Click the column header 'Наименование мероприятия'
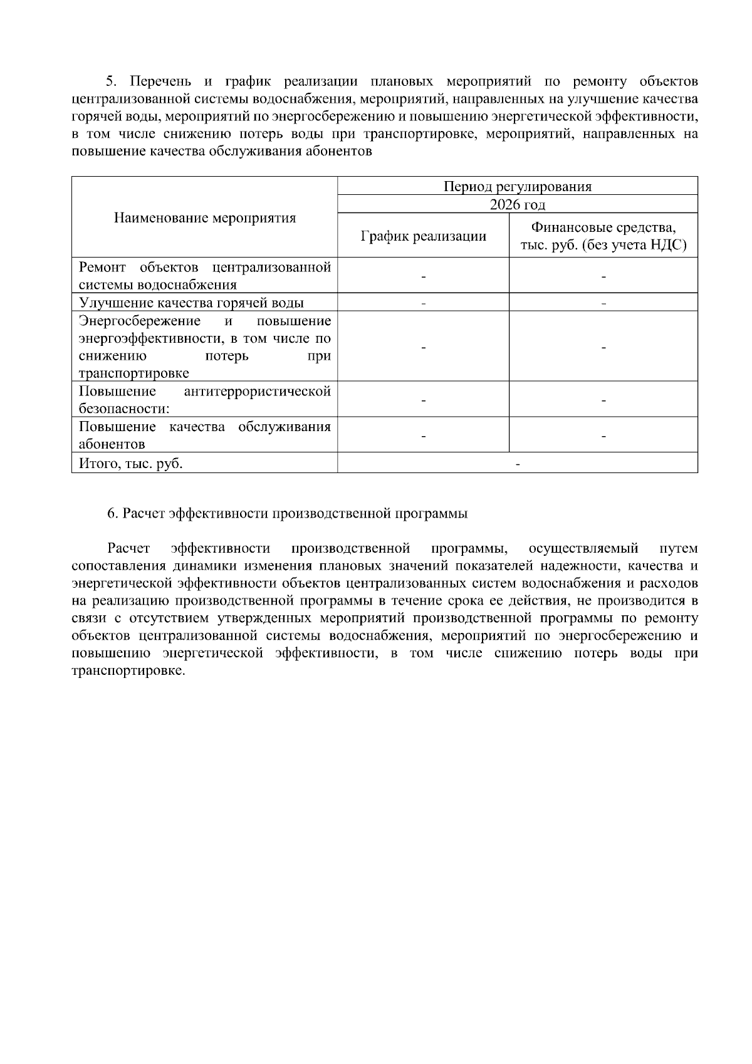tap(204, 218)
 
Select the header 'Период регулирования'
tap(517, 187)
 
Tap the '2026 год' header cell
tap(517, 205)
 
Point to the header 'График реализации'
tap(423, 236)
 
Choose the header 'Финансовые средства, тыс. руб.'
tap(603, 236)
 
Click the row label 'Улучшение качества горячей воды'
tap(191, 303)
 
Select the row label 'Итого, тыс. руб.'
tap(131, 464)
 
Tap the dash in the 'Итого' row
tap(517, 464)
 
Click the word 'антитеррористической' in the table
tap(258, 392)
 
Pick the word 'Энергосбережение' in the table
tap(139, 321)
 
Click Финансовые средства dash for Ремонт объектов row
tap(603, 276)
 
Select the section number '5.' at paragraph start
tap(112, 81)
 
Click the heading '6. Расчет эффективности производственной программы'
tap(287, 514)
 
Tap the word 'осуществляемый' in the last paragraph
tap(583, 549)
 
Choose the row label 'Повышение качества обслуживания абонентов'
tap(204, 436)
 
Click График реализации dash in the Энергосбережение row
tap(423, 348)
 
